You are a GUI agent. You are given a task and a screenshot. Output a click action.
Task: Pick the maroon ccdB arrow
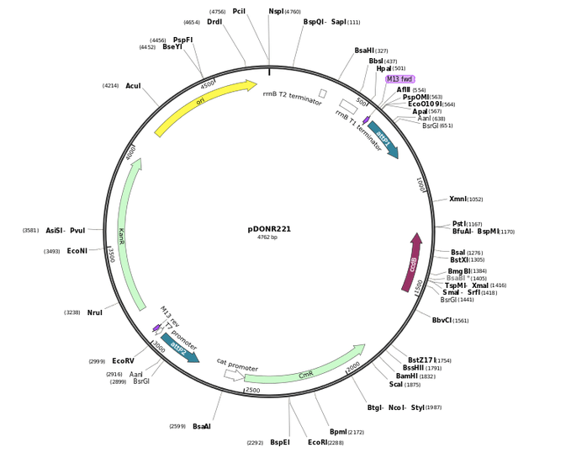point(412,263)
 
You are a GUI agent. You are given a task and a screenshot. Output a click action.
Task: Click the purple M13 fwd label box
point(399,79)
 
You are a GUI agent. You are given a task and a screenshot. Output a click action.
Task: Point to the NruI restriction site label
point(95,312)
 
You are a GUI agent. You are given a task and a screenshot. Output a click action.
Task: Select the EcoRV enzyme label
point(123,361)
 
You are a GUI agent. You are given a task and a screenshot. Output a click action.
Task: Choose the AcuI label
point(133,86)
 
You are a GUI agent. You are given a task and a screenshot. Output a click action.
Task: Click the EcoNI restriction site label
point(77,251)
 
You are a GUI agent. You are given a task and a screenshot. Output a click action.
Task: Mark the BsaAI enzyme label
point(202,427)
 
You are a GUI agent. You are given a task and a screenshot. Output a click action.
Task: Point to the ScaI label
point(395,385)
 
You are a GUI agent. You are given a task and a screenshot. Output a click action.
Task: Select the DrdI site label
point(214,23)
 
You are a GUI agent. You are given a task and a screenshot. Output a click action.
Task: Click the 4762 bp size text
point(267,238)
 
